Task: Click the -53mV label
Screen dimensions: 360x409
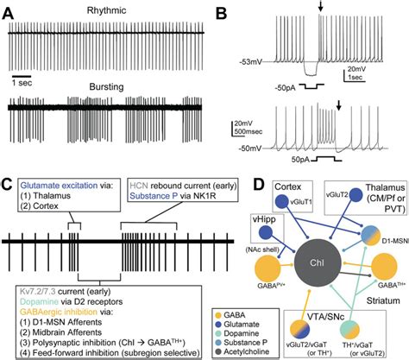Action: tap(249, 62)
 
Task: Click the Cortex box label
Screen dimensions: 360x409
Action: tap(288, 187)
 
